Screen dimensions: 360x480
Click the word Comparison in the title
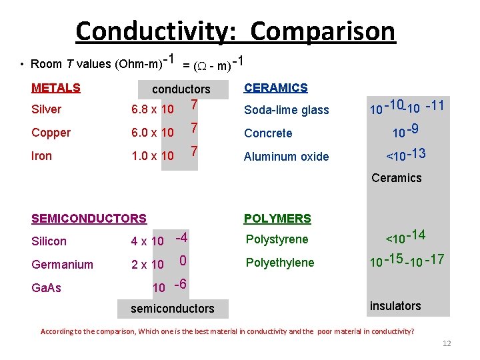tap(323, 31)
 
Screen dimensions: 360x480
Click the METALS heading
tap(56, 87)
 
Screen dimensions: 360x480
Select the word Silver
tap(46, 109)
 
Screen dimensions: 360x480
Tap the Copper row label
tap(51, 133)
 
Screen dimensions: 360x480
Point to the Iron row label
tap(42, 156)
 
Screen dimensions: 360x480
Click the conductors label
tap(181, 89)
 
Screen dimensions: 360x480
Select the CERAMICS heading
tap(276, 87)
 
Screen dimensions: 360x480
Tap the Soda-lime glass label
tap(287, 110)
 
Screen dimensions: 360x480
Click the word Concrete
tap(268, 133)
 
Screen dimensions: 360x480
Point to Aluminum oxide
tap(287, 157)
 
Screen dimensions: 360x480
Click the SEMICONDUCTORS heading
tap(89, 218)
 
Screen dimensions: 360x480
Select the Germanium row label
tap(62, 264)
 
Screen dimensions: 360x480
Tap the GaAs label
tap(46, 288)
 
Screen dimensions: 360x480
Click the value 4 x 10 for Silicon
tap(147, 241)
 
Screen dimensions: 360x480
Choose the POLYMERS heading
tap(277, 218)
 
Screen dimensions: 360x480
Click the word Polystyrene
tap(277, 239)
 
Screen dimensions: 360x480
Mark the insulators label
tap(395, 306)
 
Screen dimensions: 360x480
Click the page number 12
tap(447, 343)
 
